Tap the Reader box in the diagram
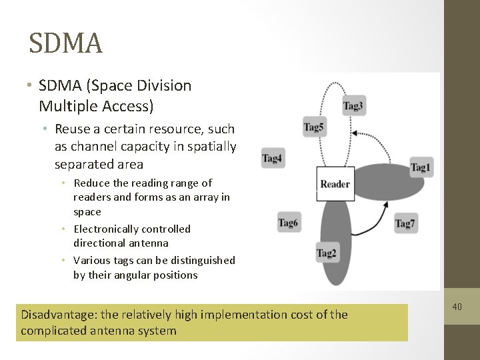pos(335,184)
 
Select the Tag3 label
pos(353,106)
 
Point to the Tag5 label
pos(314,127)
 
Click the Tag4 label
pos(272,158)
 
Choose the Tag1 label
pos(421,167)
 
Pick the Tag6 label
pos(288,222)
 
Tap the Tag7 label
pos(405,223)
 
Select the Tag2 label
pos(327,253)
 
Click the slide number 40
pos(457,307)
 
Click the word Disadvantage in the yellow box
pos(60,314)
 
